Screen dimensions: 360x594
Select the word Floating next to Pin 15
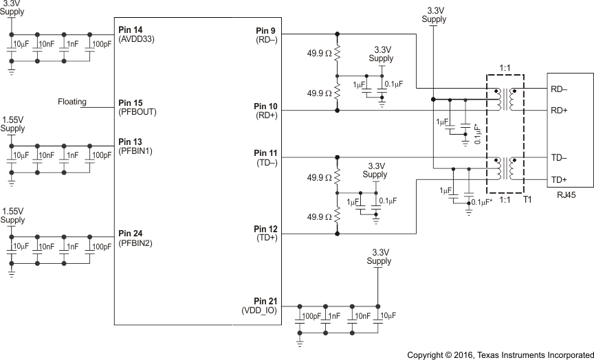(72, 102)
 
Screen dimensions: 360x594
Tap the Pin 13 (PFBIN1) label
(135, 146)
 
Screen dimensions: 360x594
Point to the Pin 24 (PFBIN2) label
(135, 238)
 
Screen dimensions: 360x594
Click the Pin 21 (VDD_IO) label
(259, 306)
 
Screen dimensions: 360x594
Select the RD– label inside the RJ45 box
(558, 88)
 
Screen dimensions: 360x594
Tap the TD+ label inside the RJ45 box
(558, 179)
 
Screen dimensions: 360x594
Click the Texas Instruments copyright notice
(500, 355)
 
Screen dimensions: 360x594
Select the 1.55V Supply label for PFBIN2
(12, 216)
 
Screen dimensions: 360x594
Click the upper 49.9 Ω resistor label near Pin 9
(320, 53)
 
